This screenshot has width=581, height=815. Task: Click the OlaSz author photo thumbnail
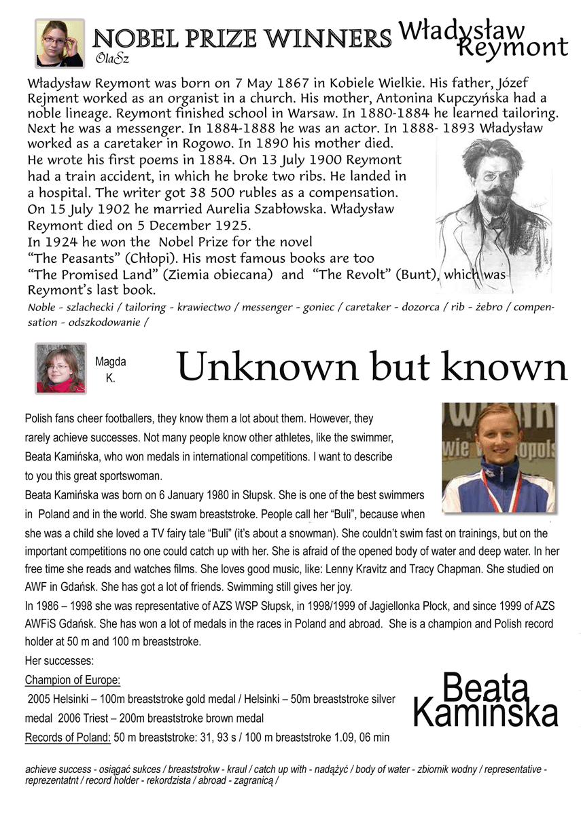(60, 43)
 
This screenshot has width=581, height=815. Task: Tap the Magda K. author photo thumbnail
(61, 369)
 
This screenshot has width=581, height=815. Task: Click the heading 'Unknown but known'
(372, 367)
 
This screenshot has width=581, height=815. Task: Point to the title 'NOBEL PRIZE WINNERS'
(242, 38)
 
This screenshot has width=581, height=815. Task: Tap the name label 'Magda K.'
(110, 370)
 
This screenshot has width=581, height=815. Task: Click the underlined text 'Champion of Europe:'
(73, 680)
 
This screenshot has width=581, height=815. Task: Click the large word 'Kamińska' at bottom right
(486, 714)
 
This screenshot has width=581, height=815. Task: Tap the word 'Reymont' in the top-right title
(513, 48)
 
